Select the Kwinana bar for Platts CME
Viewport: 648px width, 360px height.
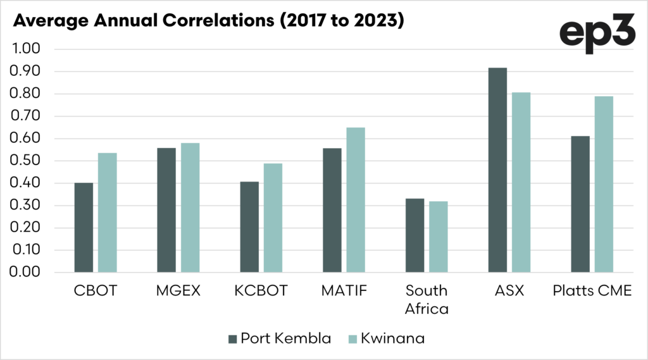(604, 184)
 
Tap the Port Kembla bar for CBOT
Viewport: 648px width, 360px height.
(84, 227)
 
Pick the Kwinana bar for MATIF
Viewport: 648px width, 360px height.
(356, 199)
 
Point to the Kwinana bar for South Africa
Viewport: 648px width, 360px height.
(439, 237)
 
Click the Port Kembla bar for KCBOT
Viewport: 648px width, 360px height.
(249, 227)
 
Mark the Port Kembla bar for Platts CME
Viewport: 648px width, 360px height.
(580, 204)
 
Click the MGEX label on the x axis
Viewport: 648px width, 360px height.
(178, 291)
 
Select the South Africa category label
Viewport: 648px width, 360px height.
(426, 300)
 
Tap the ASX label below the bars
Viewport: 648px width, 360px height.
(509, 291)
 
